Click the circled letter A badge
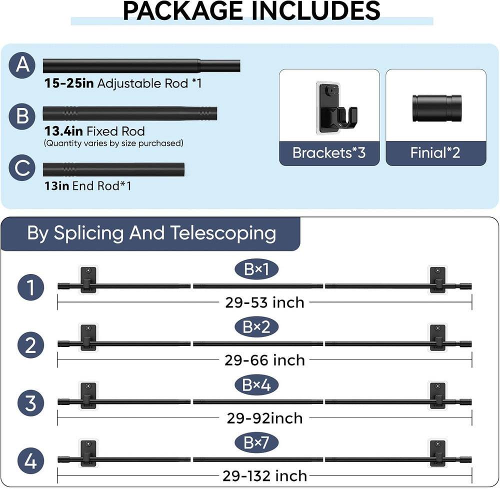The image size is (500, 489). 22,65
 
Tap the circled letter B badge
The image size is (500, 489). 22,116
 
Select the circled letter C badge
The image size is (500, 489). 22,167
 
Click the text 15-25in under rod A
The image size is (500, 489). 69,83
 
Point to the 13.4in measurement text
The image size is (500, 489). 63,131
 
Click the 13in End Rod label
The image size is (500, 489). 87,186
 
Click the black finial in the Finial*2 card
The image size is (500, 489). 436,108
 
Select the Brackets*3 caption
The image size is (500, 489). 329,152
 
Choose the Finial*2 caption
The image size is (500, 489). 435,152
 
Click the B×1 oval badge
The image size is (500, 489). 256,269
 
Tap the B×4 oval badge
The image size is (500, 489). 256,385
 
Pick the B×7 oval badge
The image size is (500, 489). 256,442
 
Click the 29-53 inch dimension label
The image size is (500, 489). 264,302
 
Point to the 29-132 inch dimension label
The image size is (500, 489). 264,476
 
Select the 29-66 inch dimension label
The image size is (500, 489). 264,360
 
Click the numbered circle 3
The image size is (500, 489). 30,403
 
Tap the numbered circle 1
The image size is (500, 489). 30,287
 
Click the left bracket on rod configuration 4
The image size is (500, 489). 88,453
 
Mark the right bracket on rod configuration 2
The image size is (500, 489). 437,337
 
